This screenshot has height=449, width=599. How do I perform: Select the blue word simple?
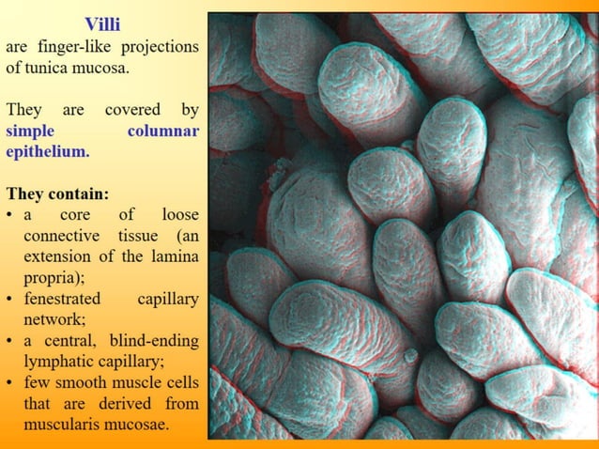coord(30,132)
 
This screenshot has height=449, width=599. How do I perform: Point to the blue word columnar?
coord(162,132)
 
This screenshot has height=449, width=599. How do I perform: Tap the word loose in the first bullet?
coord(179,215)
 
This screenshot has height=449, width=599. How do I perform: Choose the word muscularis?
coord(64,424)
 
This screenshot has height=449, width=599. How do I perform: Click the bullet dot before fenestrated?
coord(9,300)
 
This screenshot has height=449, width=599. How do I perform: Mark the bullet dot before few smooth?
coord(9,382)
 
